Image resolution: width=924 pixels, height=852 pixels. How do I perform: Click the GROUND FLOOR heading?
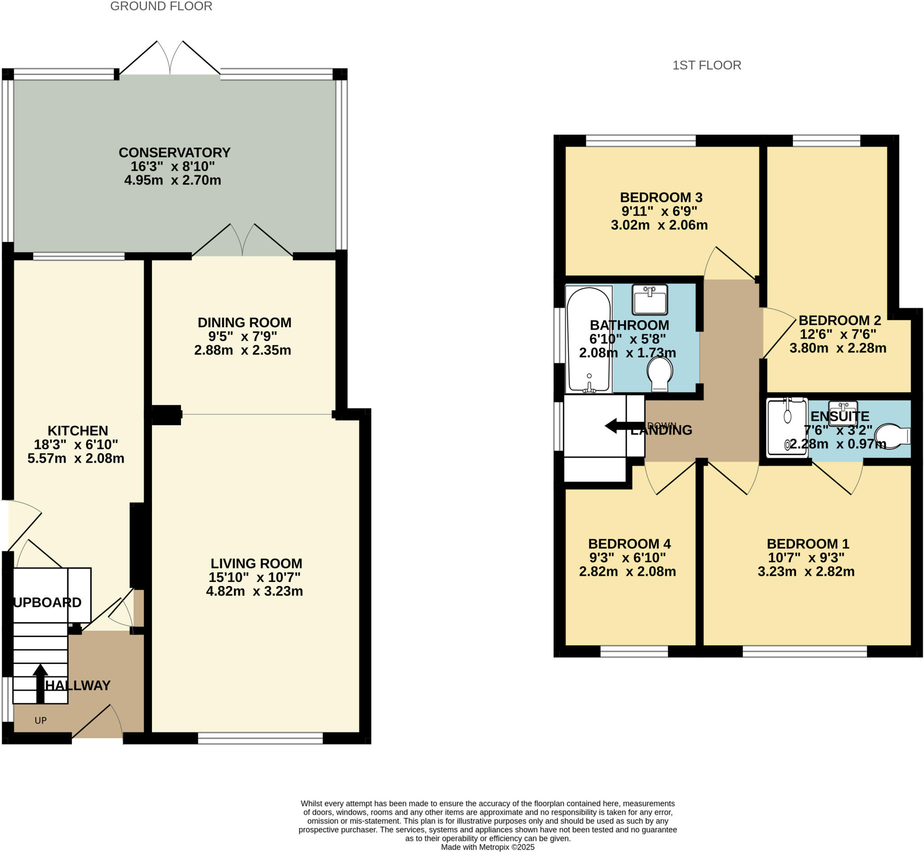[161, 6]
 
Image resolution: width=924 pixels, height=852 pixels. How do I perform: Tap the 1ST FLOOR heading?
[706, 65]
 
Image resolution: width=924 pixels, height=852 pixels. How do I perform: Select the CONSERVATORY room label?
[174, 153]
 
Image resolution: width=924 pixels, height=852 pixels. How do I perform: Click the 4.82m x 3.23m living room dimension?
[254, 591]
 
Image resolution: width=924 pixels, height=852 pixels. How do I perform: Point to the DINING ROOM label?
[244, 322]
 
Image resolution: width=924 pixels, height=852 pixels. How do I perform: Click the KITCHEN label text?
[78, 431]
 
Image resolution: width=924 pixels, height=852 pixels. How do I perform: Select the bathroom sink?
[650, 299]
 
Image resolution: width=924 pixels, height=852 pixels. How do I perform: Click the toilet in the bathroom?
[660, 373]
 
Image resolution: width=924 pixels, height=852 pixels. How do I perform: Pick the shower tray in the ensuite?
[786, 428]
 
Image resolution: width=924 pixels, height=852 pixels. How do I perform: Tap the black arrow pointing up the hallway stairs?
[40, 683]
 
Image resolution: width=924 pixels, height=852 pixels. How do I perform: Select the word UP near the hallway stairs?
[41, 720]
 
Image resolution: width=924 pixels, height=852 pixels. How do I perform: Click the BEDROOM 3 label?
[661, 197]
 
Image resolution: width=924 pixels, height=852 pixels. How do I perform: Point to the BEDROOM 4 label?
[629, 544]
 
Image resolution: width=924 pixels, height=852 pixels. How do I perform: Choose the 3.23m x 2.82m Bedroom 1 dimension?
[805, 572]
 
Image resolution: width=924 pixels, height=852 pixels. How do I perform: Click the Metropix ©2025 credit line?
[488, 847]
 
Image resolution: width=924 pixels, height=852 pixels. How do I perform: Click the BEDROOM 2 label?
[840, 320]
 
